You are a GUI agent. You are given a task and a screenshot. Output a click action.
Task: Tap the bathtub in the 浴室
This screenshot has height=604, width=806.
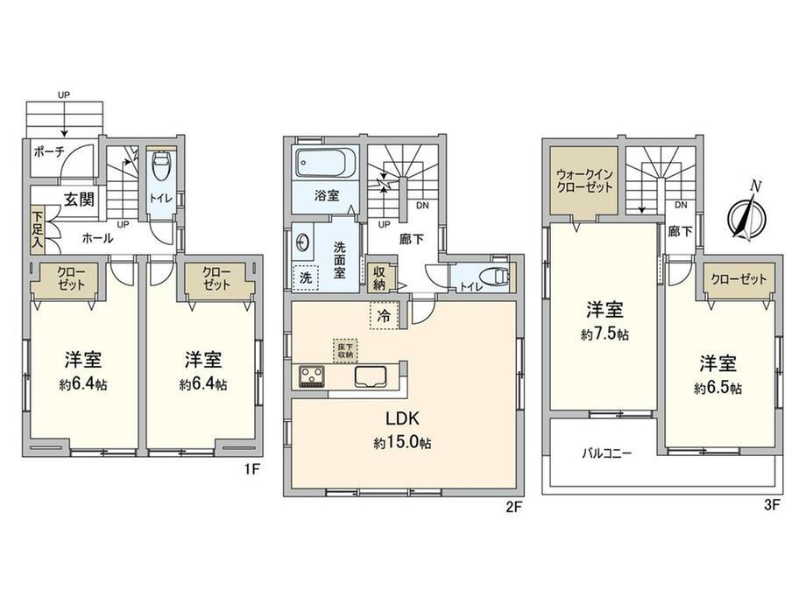(326, 162)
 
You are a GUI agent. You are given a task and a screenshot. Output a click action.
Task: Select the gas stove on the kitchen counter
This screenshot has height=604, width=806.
(312, 376)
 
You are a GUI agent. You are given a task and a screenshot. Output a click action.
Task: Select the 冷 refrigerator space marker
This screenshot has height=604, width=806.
(384, 316)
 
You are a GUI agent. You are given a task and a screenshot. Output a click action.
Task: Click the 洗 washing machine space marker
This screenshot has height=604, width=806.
(306, 277)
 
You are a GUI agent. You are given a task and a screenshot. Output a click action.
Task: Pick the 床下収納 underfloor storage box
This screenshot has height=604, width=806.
(345, 350)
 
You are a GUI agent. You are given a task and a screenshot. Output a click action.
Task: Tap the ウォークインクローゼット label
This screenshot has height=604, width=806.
(585, 181)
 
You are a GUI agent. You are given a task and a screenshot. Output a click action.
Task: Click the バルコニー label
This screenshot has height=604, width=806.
(607, 453)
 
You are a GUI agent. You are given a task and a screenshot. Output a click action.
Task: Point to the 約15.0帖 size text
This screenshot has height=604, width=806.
(402, 442)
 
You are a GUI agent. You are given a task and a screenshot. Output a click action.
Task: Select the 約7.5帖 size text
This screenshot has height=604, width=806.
(605, 335)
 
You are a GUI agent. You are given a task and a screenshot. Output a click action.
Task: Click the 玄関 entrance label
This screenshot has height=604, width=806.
(79, 200)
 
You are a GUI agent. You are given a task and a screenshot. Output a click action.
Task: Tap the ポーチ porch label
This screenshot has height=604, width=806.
(49, 151)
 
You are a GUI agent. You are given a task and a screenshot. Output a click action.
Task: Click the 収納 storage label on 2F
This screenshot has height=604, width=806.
(379, 277)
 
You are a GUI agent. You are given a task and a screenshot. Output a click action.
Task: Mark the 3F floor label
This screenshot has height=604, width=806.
(772, 505)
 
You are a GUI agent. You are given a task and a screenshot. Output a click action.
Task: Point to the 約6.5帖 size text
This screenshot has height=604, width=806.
(718, 389)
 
